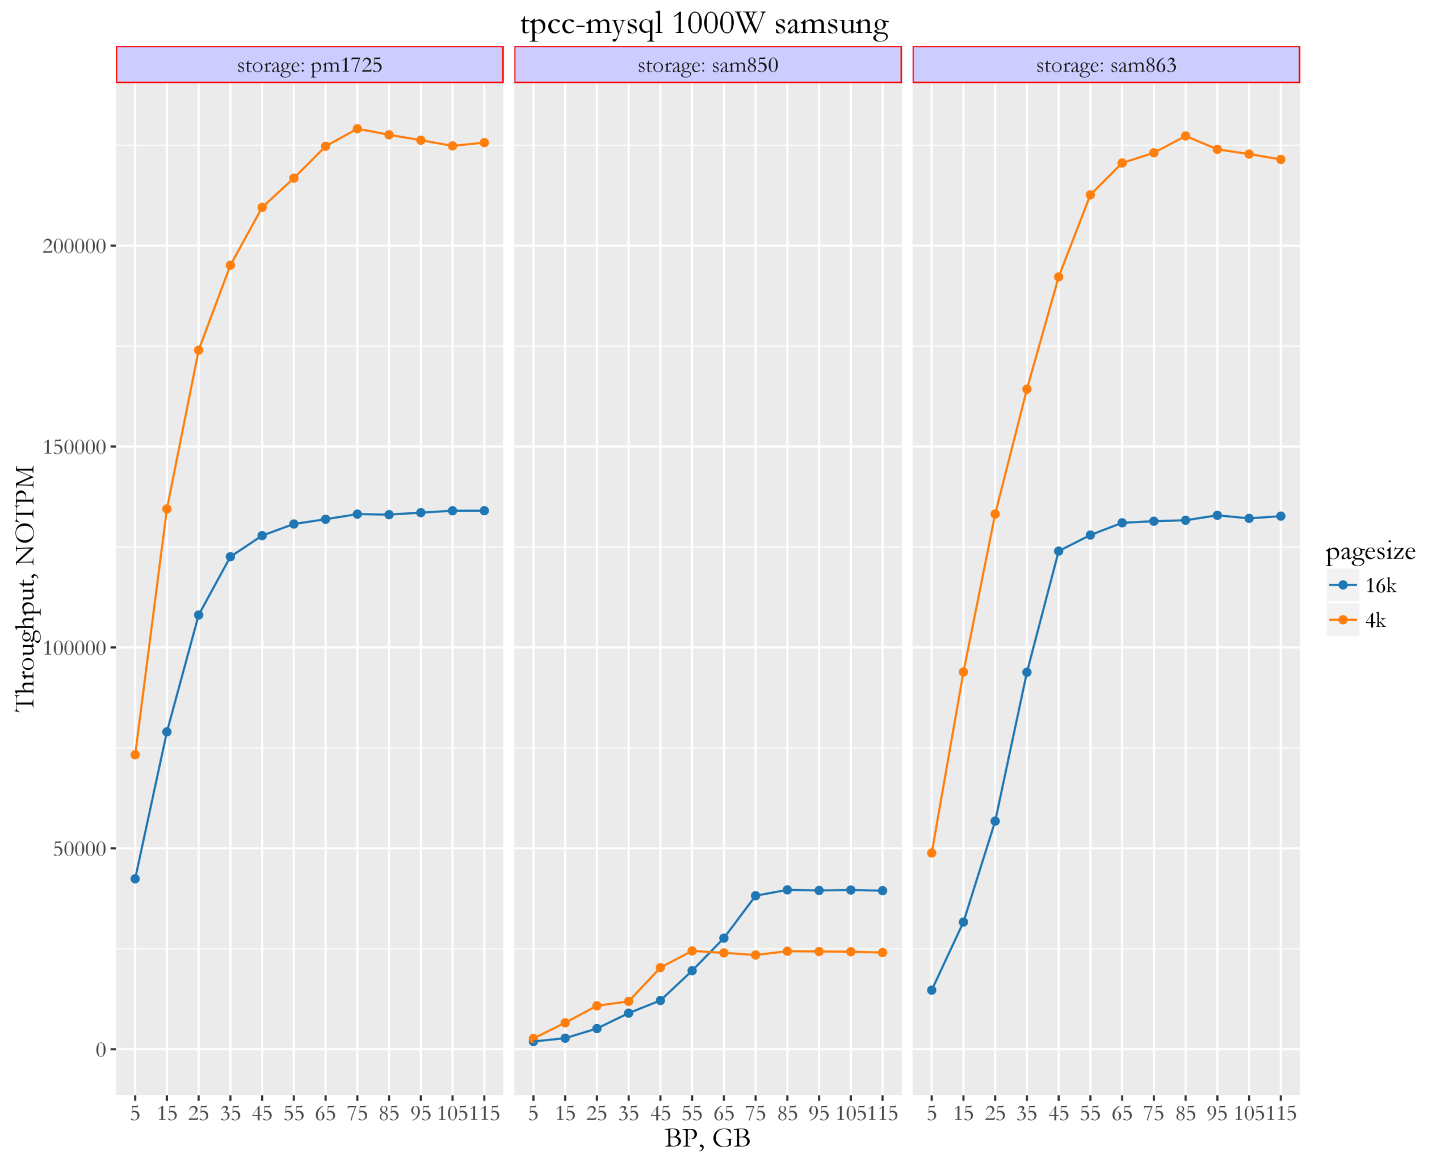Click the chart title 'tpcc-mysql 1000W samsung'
[x=704, y=24]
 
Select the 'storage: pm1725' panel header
[x=309, y=65]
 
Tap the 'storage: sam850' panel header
[x=708, y=65]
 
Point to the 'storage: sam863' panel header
[x=1106, y=65]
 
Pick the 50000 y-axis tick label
[x=79, y=849]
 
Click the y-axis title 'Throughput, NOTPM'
[x=26, y=588]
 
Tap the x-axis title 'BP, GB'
[x=708, y=1138]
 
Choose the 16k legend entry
[x=1368, y=586]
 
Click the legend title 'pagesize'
[x=1370, y=551]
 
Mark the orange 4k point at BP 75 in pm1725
[x=357, y=129]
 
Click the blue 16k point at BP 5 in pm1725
[x=135, y=879]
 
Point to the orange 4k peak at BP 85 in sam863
[x=1186, y=136]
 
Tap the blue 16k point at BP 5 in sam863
[x=931, y=990]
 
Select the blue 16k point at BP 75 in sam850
[x=755, y=896]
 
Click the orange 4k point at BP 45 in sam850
[x=661, y=968]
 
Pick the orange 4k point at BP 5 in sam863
[x=931, y=853]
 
